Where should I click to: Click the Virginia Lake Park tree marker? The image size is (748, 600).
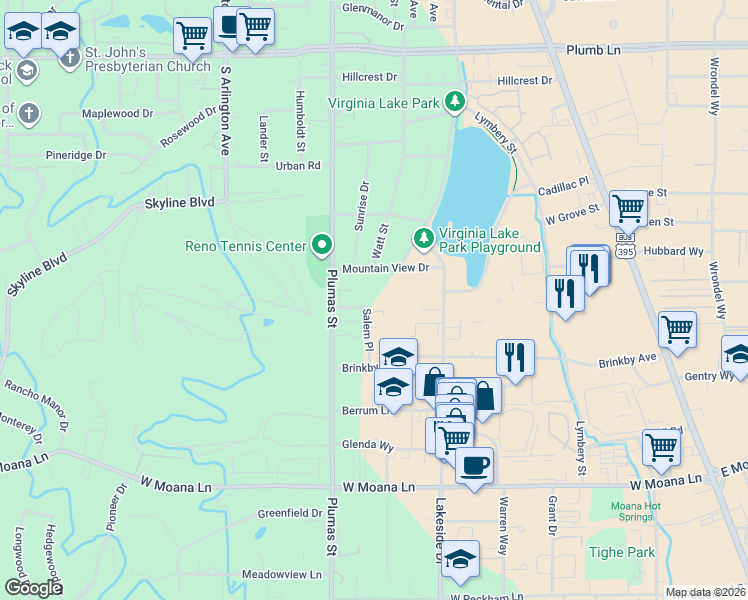[x=455, y=101]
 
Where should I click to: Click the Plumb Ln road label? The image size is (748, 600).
[x=593, y=50]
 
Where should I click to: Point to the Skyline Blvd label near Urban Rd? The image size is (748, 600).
[x=180, y=203]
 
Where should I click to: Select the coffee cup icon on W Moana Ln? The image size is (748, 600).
[x=474, y=464]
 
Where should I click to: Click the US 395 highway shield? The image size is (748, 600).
[x=626, y=244]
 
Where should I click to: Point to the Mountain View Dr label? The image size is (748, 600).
[x=385, y=268]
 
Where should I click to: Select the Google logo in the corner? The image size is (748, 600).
[x=33, y=588]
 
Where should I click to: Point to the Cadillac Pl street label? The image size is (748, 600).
[x=565, y=188]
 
